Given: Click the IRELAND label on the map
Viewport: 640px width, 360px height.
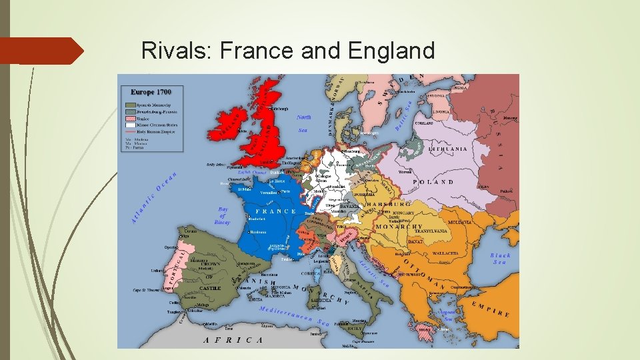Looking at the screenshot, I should [x=228, y=125].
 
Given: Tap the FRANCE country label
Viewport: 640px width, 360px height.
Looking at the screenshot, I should [x=275, y=211].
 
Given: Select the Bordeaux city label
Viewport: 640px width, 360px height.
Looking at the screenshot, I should [x=258, y=233].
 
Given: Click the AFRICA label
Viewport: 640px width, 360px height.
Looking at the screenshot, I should [x=233, y=339].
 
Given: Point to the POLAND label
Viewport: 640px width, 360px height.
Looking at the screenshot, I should [x=433, y=181].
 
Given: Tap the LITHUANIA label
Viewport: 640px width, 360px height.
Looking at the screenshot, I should [x=448, y=149].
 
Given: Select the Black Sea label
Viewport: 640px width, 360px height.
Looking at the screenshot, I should [x=500, y=258].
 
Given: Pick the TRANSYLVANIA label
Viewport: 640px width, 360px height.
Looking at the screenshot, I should [x=437, y=231].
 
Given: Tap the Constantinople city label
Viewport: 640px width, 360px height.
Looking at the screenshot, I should [x=465, y=287].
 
